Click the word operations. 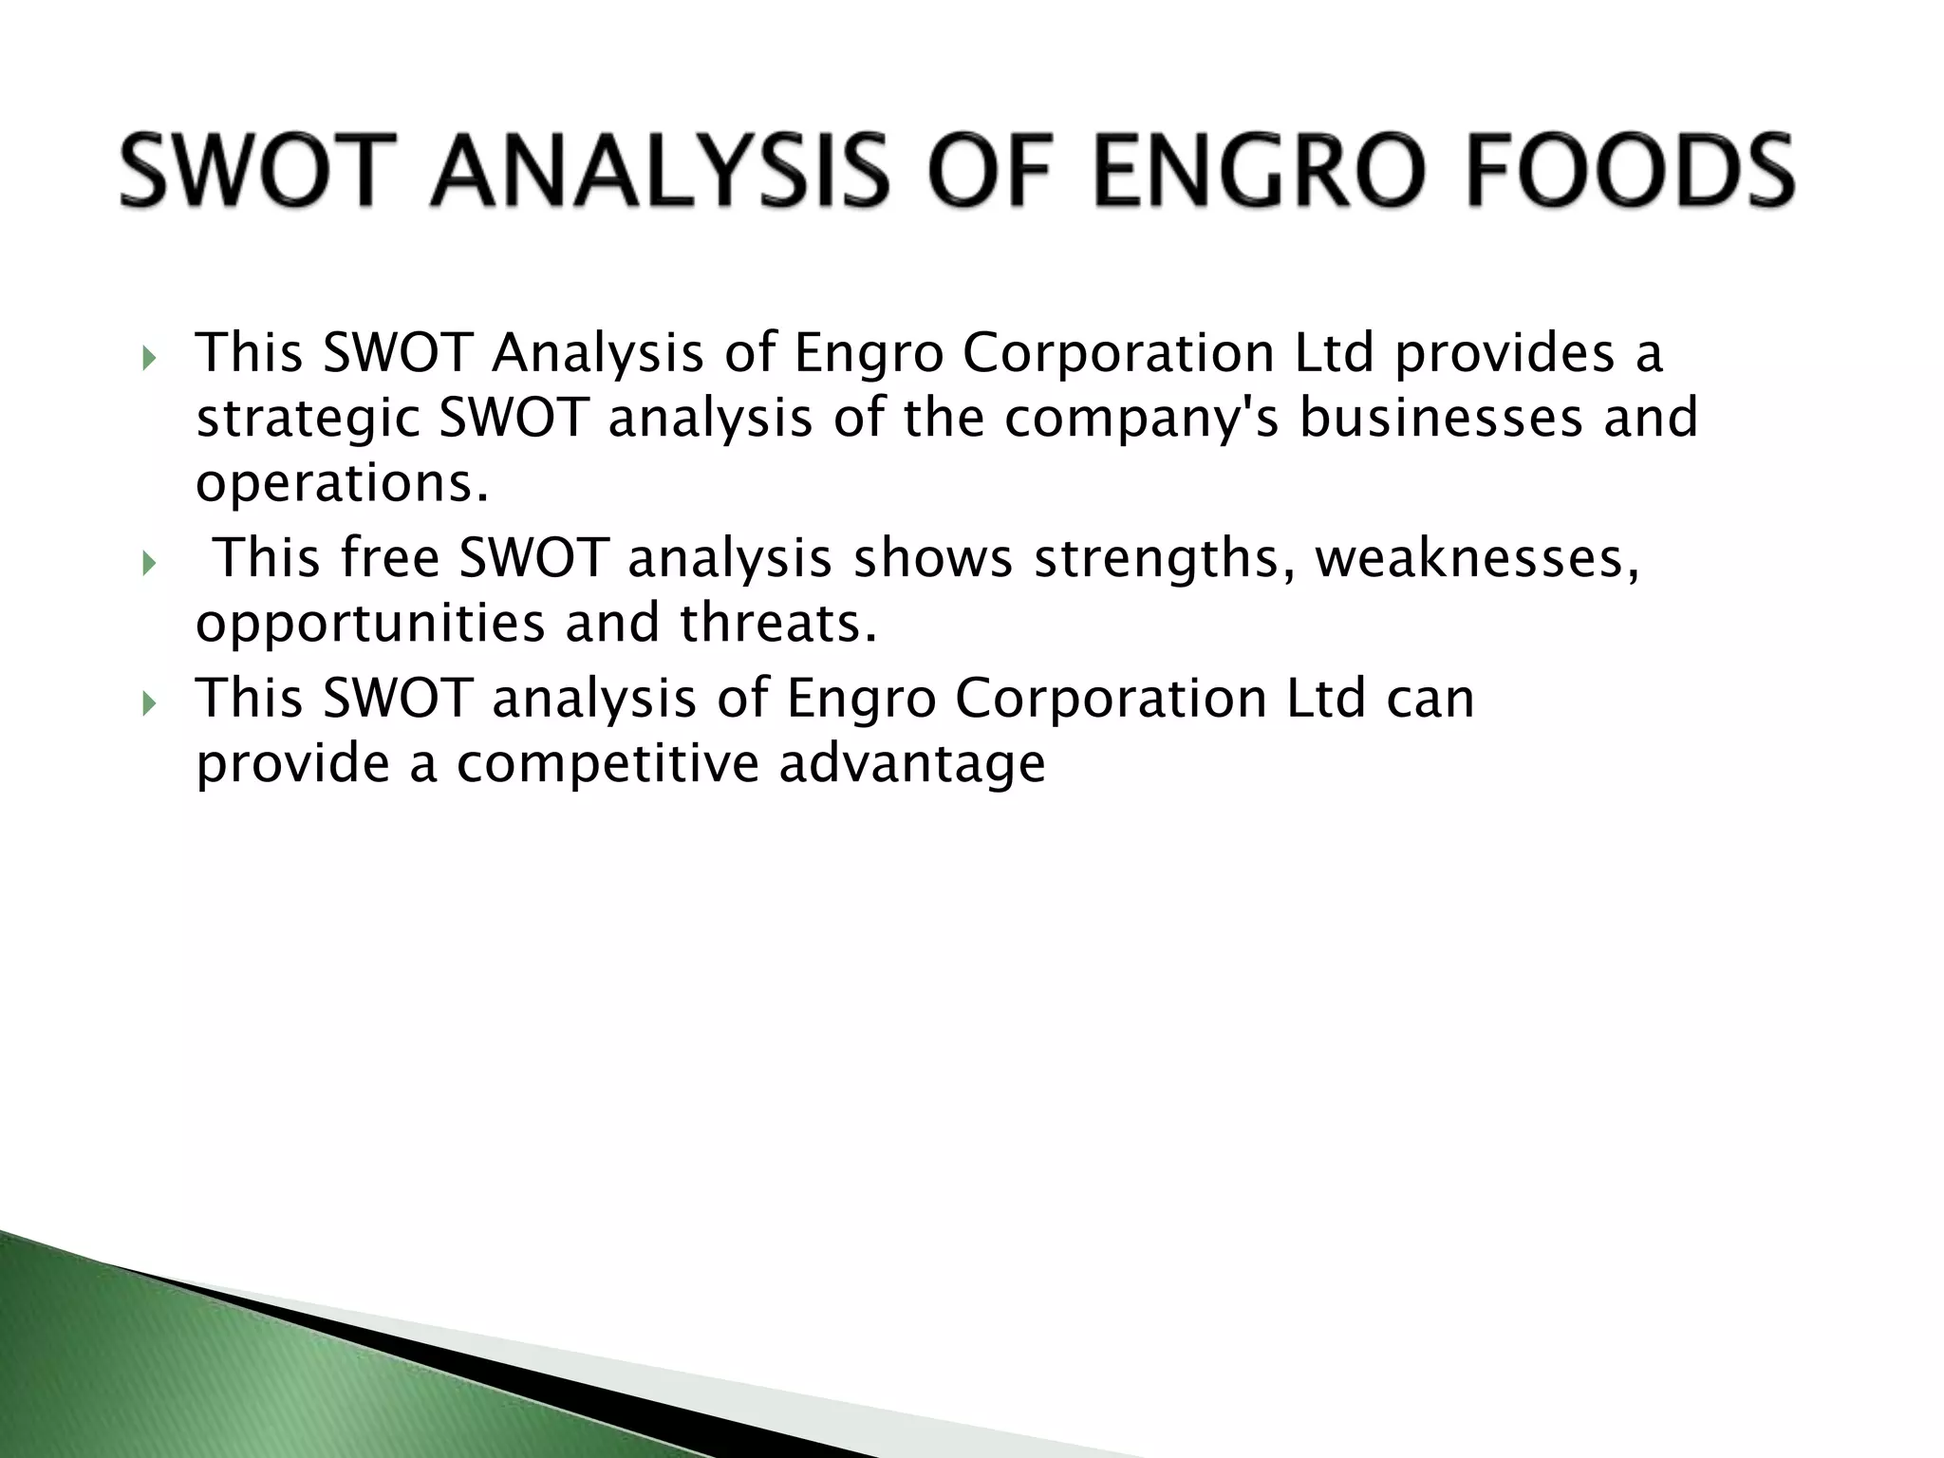point(343,484)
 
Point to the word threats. point(777,624)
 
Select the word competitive point(607,765)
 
